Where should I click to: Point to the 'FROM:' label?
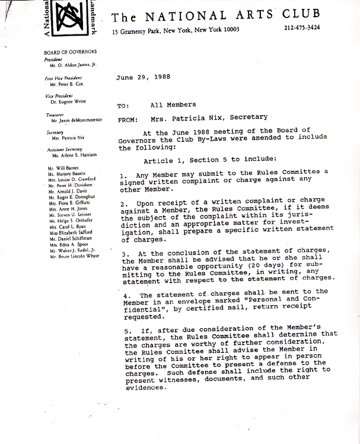tap(128, 118)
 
